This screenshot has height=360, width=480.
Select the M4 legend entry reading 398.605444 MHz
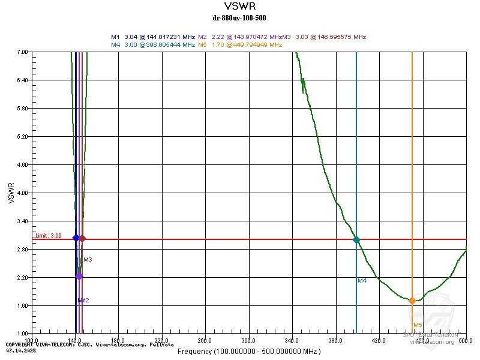click(x=153, y=44)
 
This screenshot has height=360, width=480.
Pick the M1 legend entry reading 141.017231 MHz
click(x=153, y=37)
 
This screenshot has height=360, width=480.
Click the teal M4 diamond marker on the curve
click(x=356, y=239)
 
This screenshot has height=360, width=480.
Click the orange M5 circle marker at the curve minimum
click(x=412, y=301)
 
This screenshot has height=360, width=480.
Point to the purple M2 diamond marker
click(x=79, y=276)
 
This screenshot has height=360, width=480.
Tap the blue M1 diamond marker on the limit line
click(x=76, y=238)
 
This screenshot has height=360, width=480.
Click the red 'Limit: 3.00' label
click(x=48, y=236)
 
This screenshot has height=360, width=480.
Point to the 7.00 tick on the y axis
click(x=22, y=52)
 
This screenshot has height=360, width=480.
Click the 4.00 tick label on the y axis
click(x=22, y=193)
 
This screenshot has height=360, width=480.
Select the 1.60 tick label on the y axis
click(x=22, y=306)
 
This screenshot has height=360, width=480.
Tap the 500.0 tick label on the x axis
click(x=466, y=340)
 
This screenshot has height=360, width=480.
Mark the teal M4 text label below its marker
click(x=362, y=280)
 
